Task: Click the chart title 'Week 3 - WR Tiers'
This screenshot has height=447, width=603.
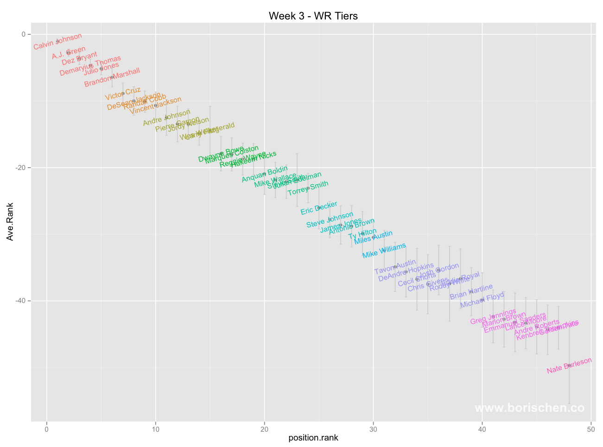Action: [x=313, y=16]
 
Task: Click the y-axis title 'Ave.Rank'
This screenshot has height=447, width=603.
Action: [x=10, y=221]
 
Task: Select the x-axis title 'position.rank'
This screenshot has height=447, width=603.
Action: [x=313, y=437]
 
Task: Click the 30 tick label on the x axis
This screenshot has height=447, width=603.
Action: [x=373, y=429]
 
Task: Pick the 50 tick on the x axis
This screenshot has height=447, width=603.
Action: [x=591, y=429]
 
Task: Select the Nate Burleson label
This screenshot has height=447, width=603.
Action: [x=569, y=365]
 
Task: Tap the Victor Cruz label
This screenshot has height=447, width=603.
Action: [x=122, y=94]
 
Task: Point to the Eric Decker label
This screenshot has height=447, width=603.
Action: [x=319, y=208]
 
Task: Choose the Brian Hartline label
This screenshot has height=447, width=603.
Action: [x=471, y=292]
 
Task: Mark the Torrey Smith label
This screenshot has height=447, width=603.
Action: [x=308, y=189]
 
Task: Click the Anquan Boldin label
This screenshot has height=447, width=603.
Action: [x=265, y=175]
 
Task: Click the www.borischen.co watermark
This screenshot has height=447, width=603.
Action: [x=529, y=408]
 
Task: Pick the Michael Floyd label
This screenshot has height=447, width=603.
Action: [x=482, y=300]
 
